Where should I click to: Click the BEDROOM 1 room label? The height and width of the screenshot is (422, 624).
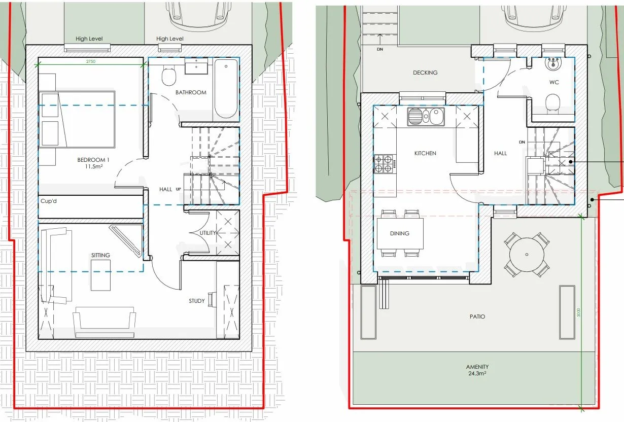(x=93, y=163)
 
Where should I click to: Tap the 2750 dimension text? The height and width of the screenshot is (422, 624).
(x=91, y=61)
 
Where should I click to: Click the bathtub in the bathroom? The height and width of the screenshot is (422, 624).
(x=226, y=89)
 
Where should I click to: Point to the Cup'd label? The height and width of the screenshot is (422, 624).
(x=49, y=201)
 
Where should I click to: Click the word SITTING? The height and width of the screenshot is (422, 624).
(x=100, y=255)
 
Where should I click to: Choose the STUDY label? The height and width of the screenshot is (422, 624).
(x=197, y=301)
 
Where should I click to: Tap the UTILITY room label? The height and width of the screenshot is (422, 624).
(x=208, y=233)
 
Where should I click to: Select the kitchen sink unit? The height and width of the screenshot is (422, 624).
(x=426, y=117)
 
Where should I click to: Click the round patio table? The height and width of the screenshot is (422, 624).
(x=527, y=255)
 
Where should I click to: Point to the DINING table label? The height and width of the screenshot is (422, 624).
(x=399, y=233)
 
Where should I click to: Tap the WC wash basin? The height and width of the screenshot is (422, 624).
(x=553, y=64)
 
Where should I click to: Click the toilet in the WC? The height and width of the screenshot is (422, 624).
(x=553, y=104)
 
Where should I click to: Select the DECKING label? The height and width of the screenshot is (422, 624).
(x=425, y=73)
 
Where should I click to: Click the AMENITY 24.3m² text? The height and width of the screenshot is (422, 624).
(x=477, y=370)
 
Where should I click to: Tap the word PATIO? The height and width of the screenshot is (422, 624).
(x=477, y=316)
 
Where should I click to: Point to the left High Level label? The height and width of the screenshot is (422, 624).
(x=89, y=39)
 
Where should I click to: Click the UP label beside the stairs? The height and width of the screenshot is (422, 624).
(x=178, y=189)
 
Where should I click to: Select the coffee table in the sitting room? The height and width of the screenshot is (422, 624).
(x=100, y=275)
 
